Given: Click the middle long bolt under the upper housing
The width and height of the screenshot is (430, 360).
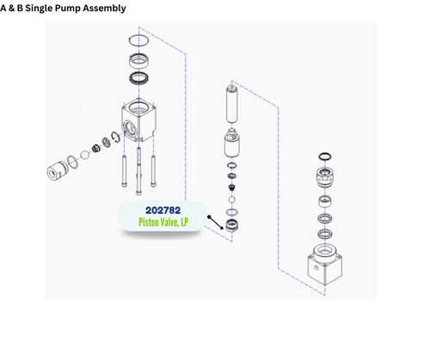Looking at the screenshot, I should point(138,168).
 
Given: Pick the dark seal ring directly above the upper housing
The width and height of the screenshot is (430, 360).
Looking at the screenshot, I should point(140,79).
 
